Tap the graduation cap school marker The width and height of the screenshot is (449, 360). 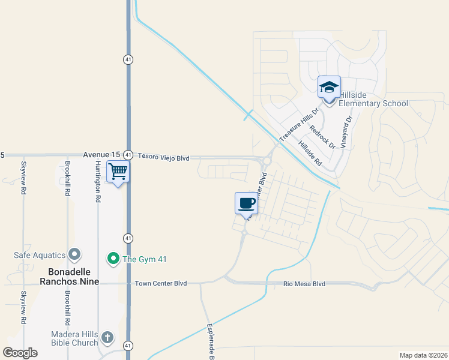(x=329, y=88)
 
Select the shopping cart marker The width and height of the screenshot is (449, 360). (x=118, y=172)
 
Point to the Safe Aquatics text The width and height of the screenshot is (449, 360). (x=40, y=255)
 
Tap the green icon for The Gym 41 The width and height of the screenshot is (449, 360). (x=113, y=259)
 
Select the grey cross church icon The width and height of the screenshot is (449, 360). (x=107, y=338)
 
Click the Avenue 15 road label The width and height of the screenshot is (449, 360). (x=98, y=155)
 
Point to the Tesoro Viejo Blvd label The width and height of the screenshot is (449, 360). (x=164, y=158)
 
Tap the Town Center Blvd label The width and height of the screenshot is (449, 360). (x=161, y=283)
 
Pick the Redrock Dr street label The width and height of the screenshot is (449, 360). (x=322, y=137)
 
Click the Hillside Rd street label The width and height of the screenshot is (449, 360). (x=309, y=155)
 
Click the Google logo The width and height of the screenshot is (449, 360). (x=20, y=353)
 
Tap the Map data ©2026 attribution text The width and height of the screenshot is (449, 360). (x=423, y=355)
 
